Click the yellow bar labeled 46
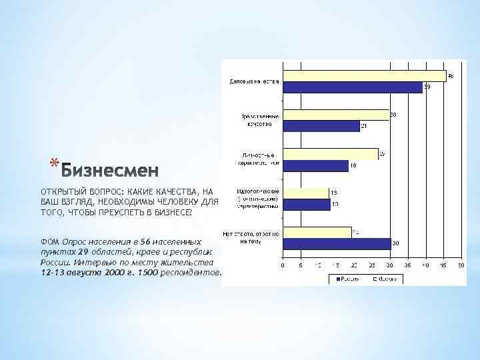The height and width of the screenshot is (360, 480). (x=364, y=75)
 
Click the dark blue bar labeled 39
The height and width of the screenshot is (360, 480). (x=352, y=87)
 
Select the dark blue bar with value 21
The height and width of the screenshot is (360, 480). (x=321, y=126)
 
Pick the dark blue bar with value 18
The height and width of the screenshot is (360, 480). (x=315, y=165)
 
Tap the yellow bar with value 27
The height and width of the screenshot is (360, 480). (x=330, y=153)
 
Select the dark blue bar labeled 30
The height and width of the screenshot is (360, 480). (x=336, y=244)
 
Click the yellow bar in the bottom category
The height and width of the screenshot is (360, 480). (x=317, y=232)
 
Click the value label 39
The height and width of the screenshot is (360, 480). (x=427, y=87)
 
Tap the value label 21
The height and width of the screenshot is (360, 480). (x=364, y=125)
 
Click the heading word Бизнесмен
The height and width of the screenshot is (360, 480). (x=111, y=171)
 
